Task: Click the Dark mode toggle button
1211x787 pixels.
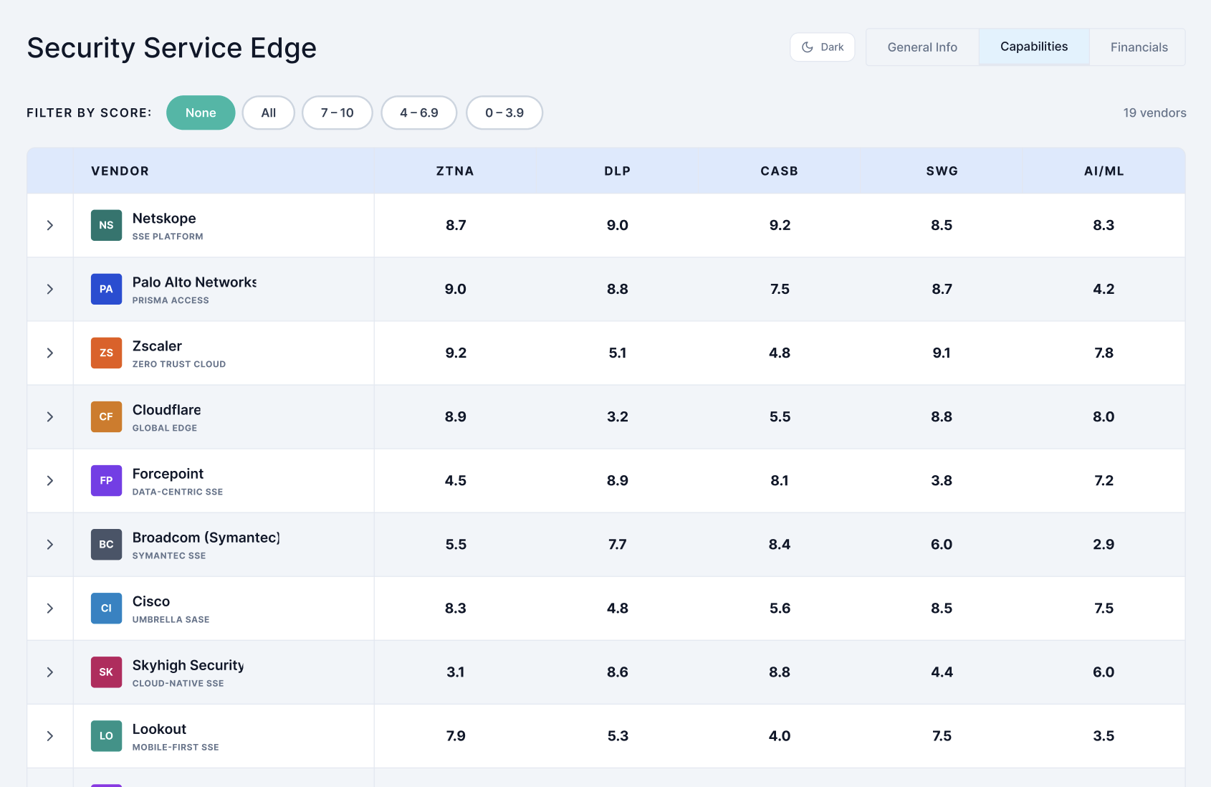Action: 823,47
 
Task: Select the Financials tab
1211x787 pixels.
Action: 1139,47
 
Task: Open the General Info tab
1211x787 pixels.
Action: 922,47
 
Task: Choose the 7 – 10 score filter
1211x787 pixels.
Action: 338,113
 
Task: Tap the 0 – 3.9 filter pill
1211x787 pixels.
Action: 504,113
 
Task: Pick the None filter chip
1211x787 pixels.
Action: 201,113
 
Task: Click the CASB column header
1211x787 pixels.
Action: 779,171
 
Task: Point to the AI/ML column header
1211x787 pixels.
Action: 1104,171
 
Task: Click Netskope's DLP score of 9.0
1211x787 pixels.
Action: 618,225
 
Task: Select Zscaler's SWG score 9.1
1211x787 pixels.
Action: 942,353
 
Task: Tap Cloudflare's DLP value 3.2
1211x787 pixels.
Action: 618,416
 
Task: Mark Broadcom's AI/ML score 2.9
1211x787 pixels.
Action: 1104,544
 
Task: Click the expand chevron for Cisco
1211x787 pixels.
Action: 49,608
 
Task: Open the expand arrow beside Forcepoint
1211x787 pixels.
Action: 49,480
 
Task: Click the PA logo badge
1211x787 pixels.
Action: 106,289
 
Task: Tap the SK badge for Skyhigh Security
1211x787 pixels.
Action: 106,672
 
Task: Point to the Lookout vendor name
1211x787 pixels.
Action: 159,728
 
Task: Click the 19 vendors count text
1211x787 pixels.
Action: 1155,113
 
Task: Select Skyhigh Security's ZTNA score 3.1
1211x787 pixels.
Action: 455,672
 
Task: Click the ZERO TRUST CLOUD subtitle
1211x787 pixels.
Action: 179,364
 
